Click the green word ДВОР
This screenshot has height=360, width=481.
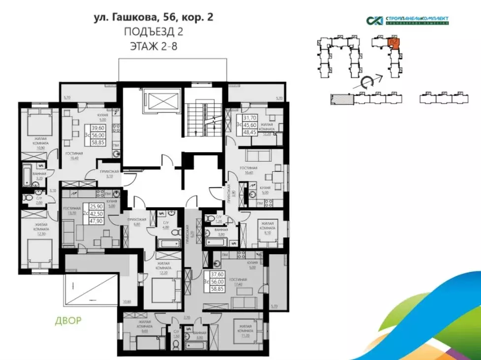tap(65, 321)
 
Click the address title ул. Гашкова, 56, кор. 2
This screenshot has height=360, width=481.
tap(153, 18)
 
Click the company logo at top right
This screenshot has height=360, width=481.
tap(408, 20)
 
